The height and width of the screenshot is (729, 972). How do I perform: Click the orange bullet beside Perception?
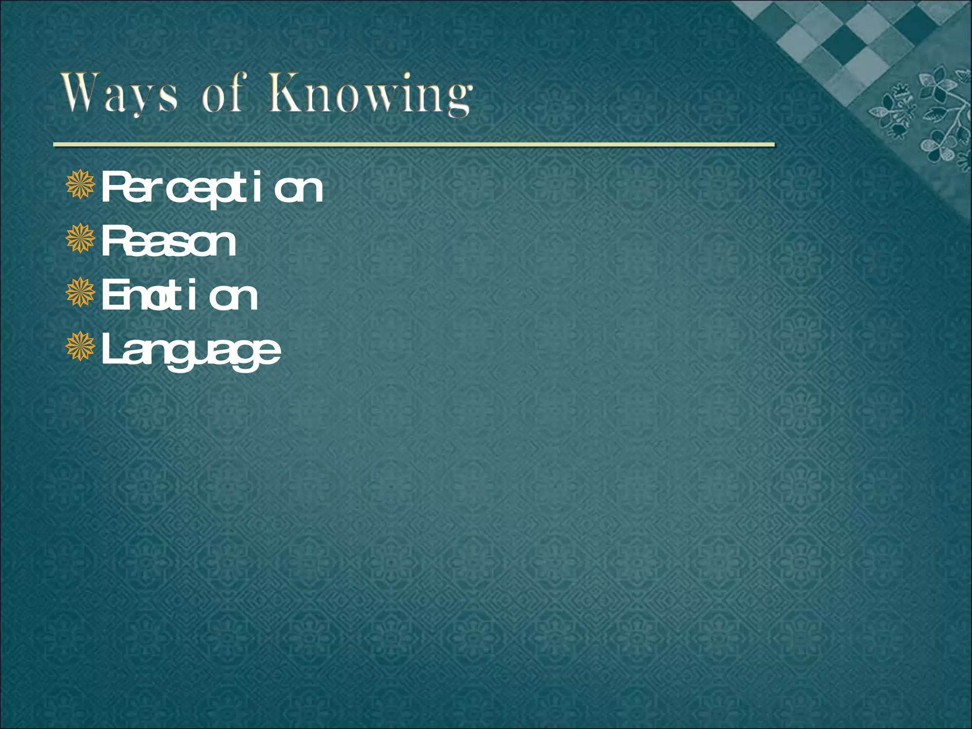(81, 185)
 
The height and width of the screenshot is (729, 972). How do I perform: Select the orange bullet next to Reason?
(81, 238)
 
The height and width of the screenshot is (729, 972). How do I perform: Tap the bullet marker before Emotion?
(81, 292)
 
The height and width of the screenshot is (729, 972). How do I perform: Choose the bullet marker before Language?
(81, 346)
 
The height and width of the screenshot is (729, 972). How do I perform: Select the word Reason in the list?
(169, 242)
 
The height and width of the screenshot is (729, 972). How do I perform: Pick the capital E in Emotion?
(112, 295)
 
